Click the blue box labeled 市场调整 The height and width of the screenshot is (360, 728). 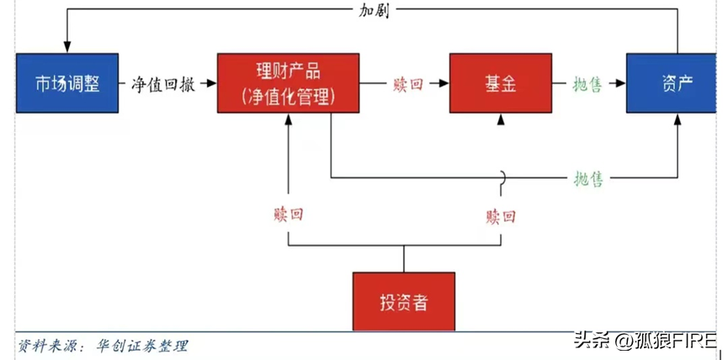click(x=66, y=83)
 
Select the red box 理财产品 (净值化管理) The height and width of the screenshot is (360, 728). click(x=287, y=83)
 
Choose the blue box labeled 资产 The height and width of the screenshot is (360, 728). click(x=676, y=83)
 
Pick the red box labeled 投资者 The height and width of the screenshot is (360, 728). click(x=403, y=301)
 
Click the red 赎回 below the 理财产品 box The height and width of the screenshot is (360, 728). click(x=289, y=214)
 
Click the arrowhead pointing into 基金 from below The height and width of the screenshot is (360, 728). click(x=501, y=119)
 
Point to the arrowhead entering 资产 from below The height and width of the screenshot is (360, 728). click(x=677, y=119)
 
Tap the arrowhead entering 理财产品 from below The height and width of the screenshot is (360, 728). click(x=289, y=119)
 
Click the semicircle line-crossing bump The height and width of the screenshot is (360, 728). click(x=501, y=177)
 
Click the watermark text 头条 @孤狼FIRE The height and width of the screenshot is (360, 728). click(x=645, y=341)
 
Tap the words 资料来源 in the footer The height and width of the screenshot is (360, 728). click(x=42, y=346)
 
